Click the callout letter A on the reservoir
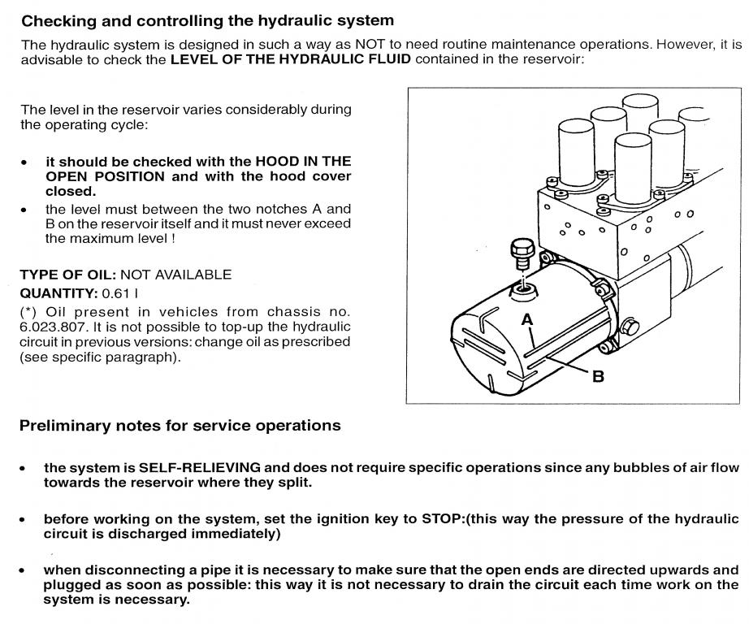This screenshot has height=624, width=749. pyautogui.click(x=528, y=320)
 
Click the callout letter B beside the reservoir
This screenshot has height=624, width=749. pyautogui.click(x=599, y=377)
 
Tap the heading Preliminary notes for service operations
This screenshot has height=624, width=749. pyautogui.click(x=180, y=425)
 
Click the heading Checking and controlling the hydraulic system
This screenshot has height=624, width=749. pyautogui.click(x=207, y=19)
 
